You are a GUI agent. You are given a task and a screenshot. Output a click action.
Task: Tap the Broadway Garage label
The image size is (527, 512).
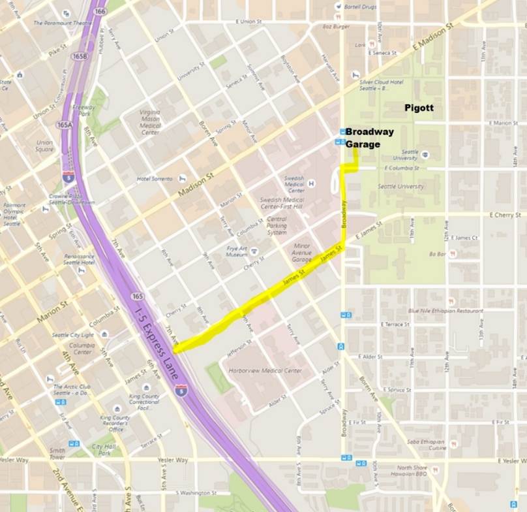(369, 138)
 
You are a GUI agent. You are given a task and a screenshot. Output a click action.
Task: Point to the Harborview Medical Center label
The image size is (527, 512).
(265, 370)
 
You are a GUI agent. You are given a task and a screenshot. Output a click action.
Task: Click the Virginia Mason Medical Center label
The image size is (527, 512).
(149, 122)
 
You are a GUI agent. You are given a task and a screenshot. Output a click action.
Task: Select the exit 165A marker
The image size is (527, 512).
(64, 124)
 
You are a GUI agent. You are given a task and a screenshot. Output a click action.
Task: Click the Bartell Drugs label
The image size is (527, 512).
(361, 6)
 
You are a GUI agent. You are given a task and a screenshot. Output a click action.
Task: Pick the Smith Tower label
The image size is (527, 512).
(57, 453)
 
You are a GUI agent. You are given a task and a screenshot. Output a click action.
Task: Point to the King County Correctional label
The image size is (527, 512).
(143, 400)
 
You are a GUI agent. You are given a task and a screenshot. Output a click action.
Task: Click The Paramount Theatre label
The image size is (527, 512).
(63, 23)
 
